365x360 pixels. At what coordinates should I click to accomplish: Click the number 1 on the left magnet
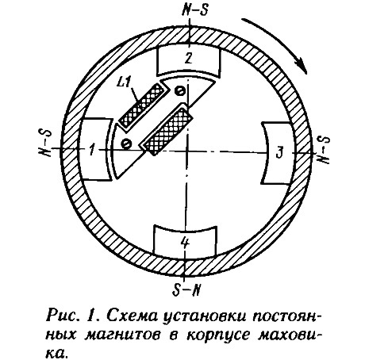tap(92, 150)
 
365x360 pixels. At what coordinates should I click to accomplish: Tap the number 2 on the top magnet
tap(188, 58)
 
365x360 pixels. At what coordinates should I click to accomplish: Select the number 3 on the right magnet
tap(280, 152)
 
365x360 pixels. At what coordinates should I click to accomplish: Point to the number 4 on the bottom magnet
tap(185, 242)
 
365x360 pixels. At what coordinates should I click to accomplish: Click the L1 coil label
tap(124, 83)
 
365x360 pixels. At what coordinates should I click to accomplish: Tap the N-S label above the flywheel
tap(195, 10)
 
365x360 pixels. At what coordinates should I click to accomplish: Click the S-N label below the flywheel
tap(186, 290)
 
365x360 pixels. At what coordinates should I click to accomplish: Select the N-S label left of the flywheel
tap(45, 143)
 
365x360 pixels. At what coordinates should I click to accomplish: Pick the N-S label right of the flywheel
tap(324, 150)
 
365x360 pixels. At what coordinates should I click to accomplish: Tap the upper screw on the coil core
tap(179, 91)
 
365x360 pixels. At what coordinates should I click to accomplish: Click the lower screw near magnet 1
tap(126, 144)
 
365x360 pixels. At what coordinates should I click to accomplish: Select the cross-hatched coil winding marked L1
tap(140, 105)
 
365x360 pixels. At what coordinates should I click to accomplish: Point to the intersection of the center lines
tap(187, 151)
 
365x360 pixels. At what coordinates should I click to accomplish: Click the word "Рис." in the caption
tap(61, 315)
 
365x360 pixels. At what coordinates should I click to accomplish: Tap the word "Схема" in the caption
tap(132, 316)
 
